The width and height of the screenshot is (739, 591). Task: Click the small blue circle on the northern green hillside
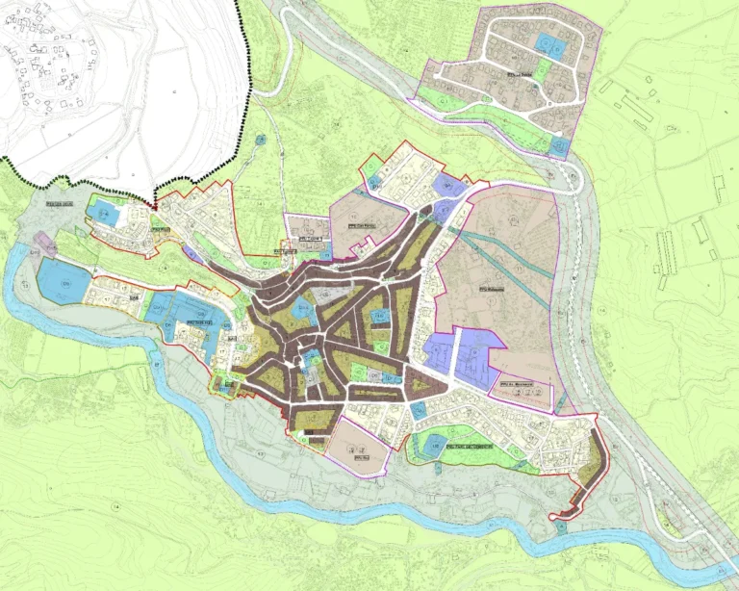tap(262, 141)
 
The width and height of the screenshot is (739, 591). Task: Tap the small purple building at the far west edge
tap(42, 242)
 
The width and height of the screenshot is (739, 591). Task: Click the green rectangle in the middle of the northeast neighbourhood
tap(543, 72)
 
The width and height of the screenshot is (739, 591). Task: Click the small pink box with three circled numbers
tap(524, 391)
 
